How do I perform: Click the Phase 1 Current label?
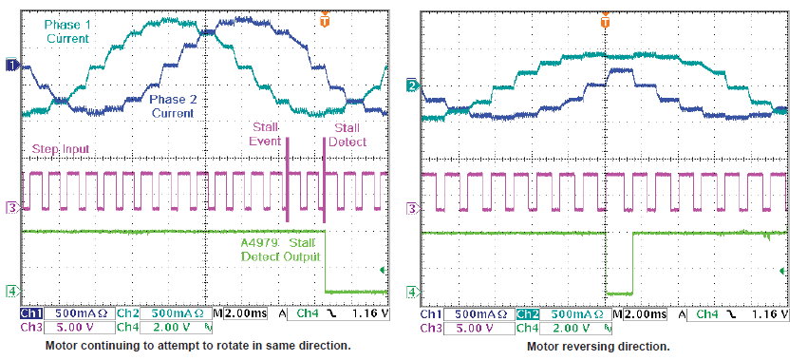pyautogui.click(x=66, y=30)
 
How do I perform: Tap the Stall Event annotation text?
pyautogui.click(x=267, y=134)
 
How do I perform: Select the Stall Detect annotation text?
pyautogui.click(x=347, y=134)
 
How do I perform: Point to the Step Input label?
pyautogui.click(x=62, y=150)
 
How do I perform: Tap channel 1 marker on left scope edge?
pyautogui.click(x=11, y=65)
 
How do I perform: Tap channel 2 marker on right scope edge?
pyautogui.click(x=412, y=86)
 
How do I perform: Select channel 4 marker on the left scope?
pyautogui.click(x=11, y=291)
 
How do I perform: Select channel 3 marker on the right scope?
pyautogui.click(x=412, y=207)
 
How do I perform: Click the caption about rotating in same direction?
pyautogui.click(x=197, y=347)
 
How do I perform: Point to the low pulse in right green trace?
pyautogui.click(x=619, y=293)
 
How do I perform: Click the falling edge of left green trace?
pyautogui.click(x=326, y=261)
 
